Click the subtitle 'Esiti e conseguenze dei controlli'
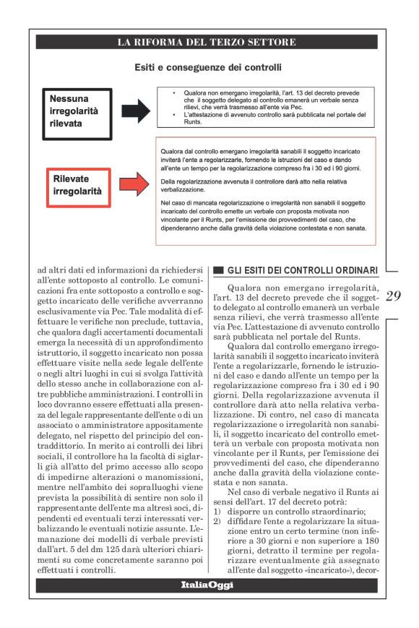click(207, 69)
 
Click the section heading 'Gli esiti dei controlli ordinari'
click(302, 270)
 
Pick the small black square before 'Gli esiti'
click(217, 271)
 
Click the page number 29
click(393, 296)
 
